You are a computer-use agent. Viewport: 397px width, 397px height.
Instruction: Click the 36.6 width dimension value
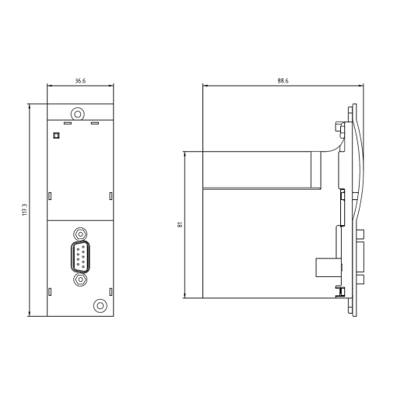[x=79, y=80]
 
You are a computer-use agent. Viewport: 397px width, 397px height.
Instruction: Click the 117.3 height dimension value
[x=25, y=210]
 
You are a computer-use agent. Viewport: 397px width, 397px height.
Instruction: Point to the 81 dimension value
[x=181, y=224]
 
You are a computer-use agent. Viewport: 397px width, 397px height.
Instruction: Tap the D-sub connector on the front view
[x=79, y=255]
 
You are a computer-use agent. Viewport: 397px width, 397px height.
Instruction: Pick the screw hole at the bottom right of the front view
[x=100, y=305]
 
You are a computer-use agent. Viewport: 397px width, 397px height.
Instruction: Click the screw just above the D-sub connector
[x=79, y=232]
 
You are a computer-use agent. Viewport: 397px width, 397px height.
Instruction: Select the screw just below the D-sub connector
[x=79, y=279]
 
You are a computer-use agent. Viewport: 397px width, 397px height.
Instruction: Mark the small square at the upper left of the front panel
[x=55, y=135]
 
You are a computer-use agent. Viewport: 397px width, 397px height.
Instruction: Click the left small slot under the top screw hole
[x=67, y=123]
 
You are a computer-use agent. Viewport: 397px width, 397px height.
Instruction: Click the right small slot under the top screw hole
[x=95, y=123]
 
